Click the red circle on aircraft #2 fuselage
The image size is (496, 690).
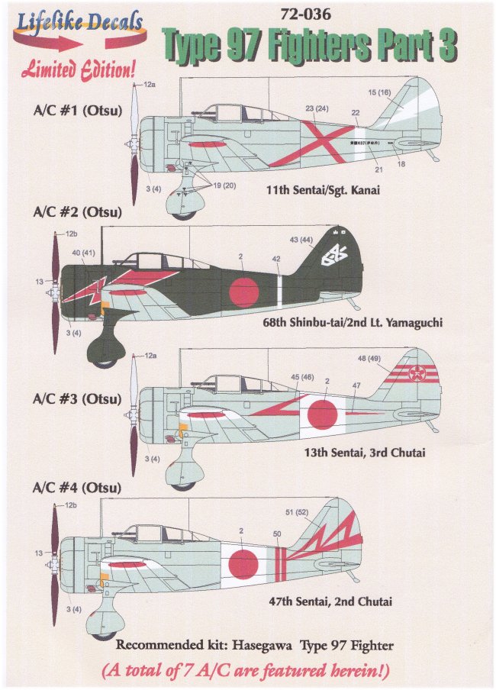244,292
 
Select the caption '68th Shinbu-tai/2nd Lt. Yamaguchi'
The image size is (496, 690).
352,323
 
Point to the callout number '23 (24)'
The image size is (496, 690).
316,108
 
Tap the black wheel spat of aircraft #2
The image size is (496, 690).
105,350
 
